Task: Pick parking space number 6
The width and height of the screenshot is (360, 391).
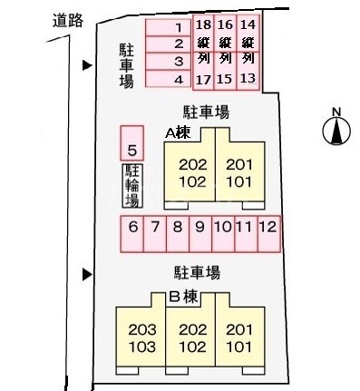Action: click(132, 232)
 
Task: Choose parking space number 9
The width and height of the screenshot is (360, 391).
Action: click(199, 232)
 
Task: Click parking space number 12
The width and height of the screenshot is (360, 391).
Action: click(268, 232)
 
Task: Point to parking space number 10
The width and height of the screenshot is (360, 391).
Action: click(222, 232)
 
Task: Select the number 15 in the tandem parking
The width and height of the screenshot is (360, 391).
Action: click(226, 79)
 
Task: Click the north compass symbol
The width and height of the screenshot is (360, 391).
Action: click(336, 130)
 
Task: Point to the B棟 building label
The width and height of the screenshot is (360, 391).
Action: click(183, 296)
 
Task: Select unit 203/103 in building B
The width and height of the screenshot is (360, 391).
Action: click(141, 338)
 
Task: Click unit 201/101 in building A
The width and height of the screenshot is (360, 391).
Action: click(239, 171)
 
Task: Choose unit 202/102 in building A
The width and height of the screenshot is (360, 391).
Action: click(192, 171)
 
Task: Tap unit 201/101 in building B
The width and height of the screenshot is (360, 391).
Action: click(239, 338)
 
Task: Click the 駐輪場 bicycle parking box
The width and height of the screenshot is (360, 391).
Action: click(132, 188)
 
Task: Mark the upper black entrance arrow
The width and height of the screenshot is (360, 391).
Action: click(87, 65)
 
